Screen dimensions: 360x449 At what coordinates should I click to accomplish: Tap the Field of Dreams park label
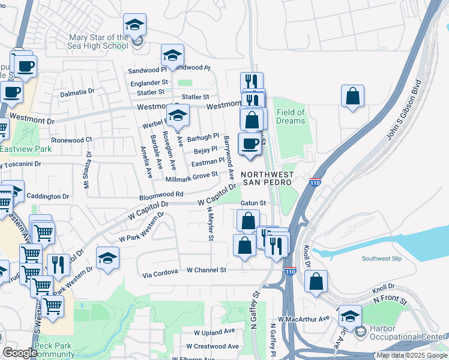pos(291,116)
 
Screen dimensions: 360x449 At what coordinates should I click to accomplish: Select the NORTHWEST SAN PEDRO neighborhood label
pos(268,179)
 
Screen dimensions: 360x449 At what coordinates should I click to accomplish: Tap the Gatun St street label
pos(253,203)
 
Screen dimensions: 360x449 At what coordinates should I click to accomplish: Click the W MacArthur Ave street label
pos(304,319)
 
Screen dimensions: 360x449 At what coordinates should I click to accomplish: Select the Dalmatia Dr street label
pos(77,93)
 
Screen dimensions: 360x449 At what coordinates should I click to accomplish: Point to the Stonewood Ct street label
pos(71,139)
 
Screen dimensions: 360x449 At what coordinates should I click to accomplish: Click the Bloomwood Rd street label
pos(161,195)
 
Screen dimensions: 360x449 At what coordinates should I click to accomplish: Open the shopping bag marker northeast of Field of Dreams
pos(353,96)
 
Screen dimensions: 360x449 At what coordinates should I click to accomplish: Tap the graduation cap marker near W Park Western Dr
pos(107,258)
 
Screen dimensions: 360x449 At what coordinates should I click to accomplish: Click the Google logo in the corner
pos(20,353)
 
